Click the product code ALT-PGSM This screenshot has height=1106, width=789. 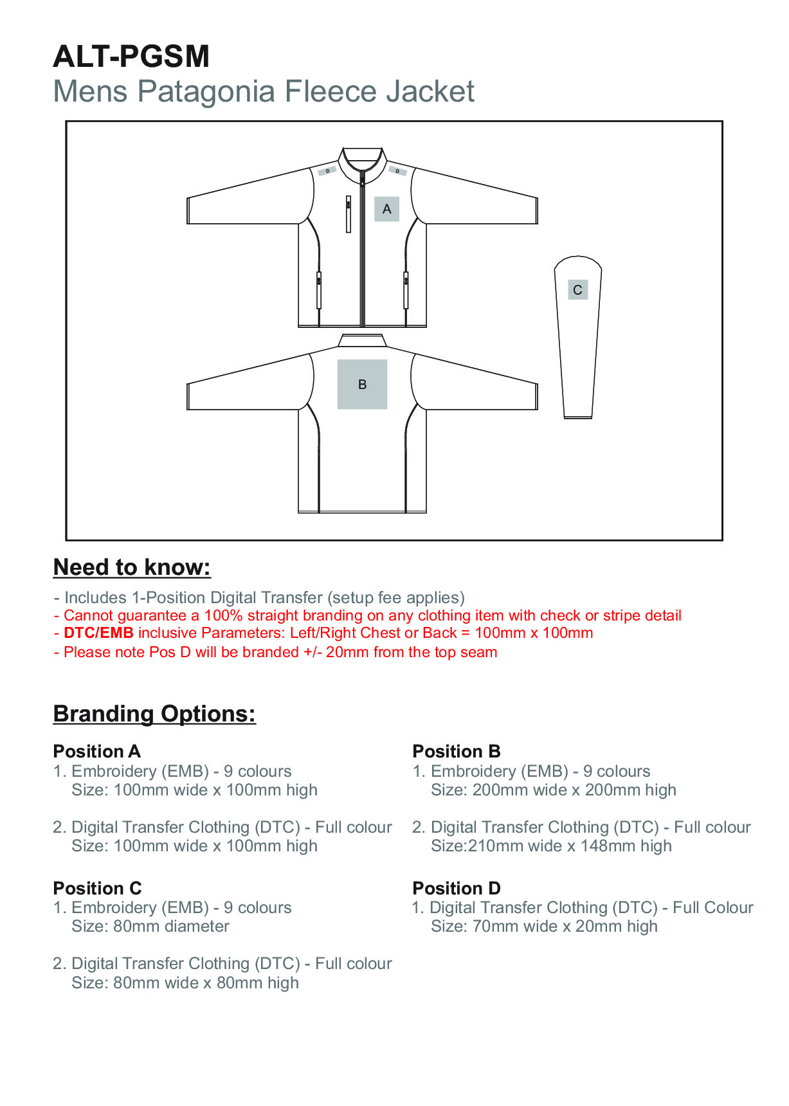click(131, 57)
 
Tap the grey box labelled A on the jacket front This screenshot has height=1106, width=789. click(386, 209)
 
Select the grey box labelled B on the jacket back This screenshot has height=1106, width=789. click(362, 385)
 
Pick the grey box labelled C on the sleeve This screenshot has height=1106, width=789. click(577, 290)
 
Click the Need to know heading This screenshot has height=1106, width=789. click(132, 567)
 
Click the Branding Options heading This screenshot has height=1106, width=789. click(154, 714)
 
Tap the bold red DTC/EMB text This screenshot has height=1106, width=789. click(98, 633)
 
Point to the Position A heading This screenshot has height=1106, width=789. click(96, 752)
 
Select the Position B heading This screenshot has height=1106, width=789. click(456, 752)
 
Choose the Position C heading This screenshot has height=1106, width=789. click(97, 889)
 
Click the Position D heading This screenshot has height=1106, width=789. click(456, 889)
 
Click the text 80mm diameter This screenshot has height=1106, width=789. click(171, 927)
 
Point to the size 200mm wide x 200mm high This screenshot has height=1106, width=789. click(574, 790)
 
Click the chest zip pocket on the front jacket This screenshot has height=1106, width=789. click(349, 213)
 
